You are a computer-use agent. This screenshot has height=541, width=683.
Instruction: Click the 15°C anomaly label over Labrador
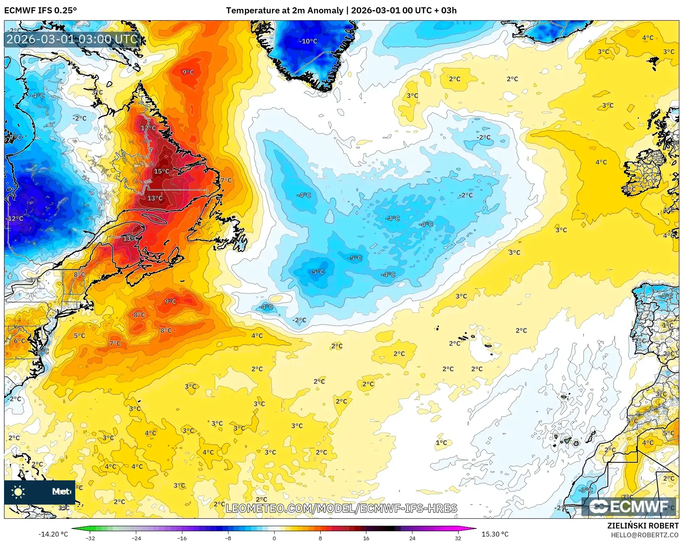coord(161,171)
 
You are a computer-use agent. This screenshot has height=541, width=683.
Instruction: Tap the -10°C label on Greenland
coord(308,41)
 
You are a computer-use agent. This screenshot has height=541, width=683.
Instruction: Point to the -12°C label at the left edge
coord(15,218)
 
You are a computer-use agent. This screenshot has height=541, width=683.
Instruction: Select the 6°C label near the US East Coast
coord(19,341)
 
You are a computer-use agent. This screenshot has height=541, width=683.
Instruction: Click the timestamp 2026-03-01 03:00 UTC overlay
coord(72,39)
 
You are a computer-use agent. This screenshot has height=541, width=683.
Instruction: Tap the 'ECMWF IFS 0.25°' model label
coord(40,11)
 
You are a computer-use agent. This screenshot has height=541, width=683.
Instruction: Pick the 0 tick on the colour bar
coord(274,538)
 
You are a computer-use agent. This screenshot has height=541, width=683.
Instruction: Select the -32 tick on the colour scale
coord(91,538)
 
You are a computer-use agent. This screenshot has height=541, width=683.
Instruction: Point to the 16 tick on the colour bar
coord(366,538)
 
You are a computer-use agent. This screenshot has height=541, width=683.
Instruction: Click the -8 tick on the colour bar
coord(228,538)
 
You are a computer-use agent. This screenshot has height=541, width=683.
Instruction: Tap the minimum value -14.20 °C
coord(53,534)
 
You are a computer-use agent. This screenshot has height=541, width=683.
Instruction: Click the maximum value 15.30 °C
coord(495,534)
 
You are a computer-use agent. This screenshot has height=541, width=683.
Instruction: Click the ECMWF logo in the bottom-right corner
coord(629,507)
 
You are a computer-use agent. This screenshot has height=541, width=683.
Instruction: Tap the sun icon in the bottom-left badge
coord(18,492)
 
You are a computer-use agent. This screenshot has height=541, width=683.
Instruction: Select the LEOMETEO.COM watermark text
coord(341,508)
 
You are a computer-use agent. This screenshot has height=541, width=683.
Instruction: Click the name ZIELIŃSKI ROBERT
coord(643,526)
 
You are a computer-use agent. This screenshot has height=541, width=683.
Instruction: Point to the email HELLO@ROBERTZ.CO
coord(645,535)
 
